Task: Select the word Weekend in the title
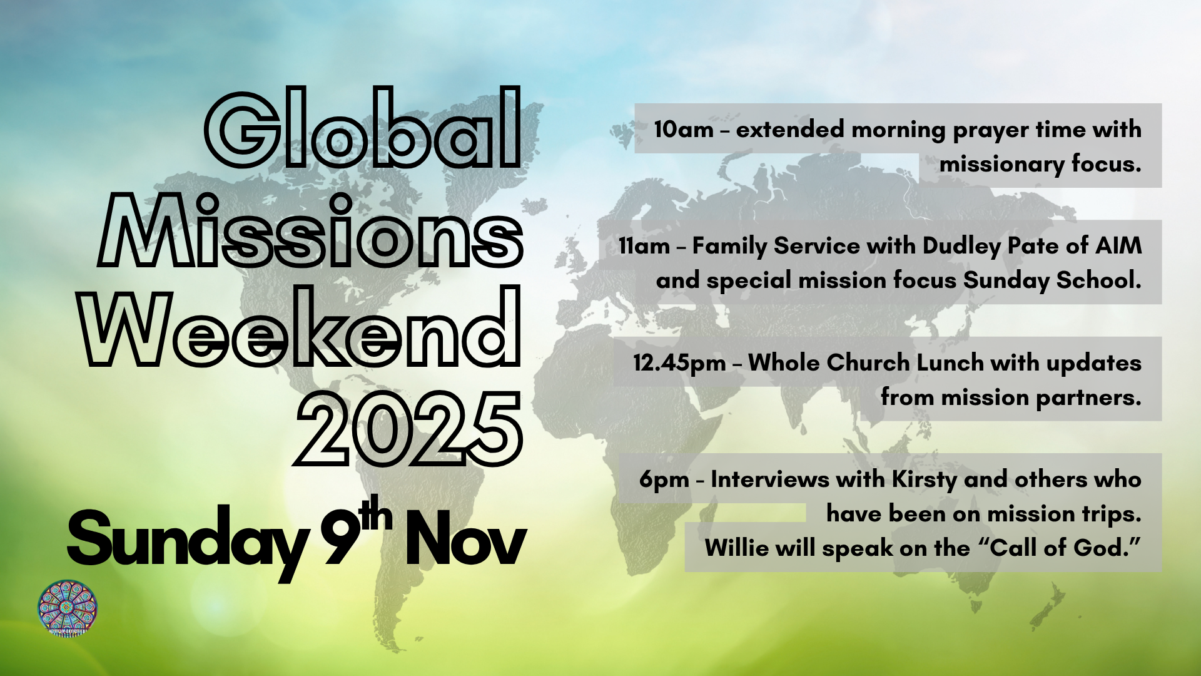click(x=302, y=326)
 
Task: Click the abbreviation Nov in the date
click(x=465, y=538)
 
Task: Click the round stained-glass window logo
click(x=68, y=608)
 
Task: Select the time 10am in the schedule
click(x=684, y=130)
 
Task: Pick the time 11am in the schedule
click(x=644, y=246)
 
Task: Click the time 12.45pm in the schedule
click(x=679, y=364)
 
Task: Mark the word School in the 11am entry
click(x=1099, y=280)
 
